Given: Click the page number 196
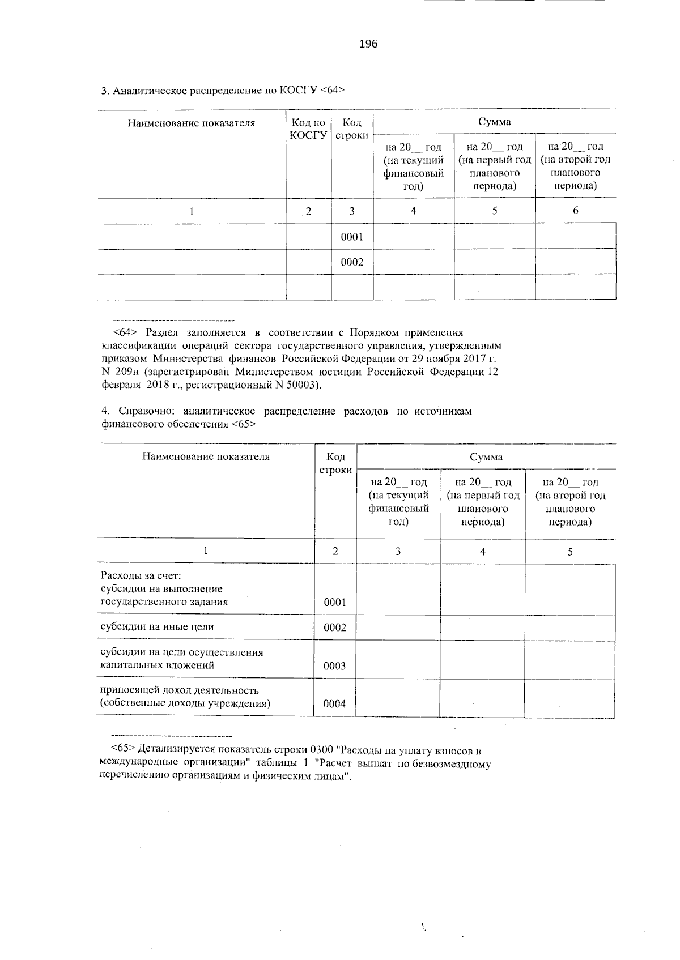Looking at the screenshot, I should (x=368, y=44).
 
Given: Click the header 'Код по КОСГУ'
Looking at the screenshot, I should (x=308, y=129).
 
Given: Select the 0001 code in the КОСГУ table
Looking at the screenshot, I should (x=352, y=237).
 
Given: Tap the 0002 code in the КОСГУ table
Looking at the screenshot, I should (x=352, y=262).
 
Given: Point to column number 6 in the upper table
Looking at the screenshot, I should (x=575, y=211).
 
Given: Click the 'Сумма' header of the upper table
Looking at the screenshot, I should (x=494, y=122).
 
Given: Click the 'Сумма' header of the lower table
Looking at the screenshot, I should (x=486, y=457).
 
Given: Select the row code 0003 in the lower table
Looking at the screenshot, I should (x=334, y=666).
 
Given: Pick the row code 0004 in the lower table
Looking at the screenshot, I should (x=334, y=704).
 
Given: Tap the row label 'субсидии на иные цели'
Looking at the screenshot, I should (x=157, y=627).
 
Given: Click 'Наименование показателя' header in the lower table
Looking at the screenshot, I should (x=206, y=456).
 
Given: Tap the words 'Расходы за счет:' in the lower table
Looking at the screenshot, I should (x=140, y=576).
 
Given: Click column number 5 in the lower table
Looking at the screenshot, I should (x=570, y=551).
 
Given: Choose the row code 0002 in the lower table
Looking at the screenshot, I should (x=334, y=628).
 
